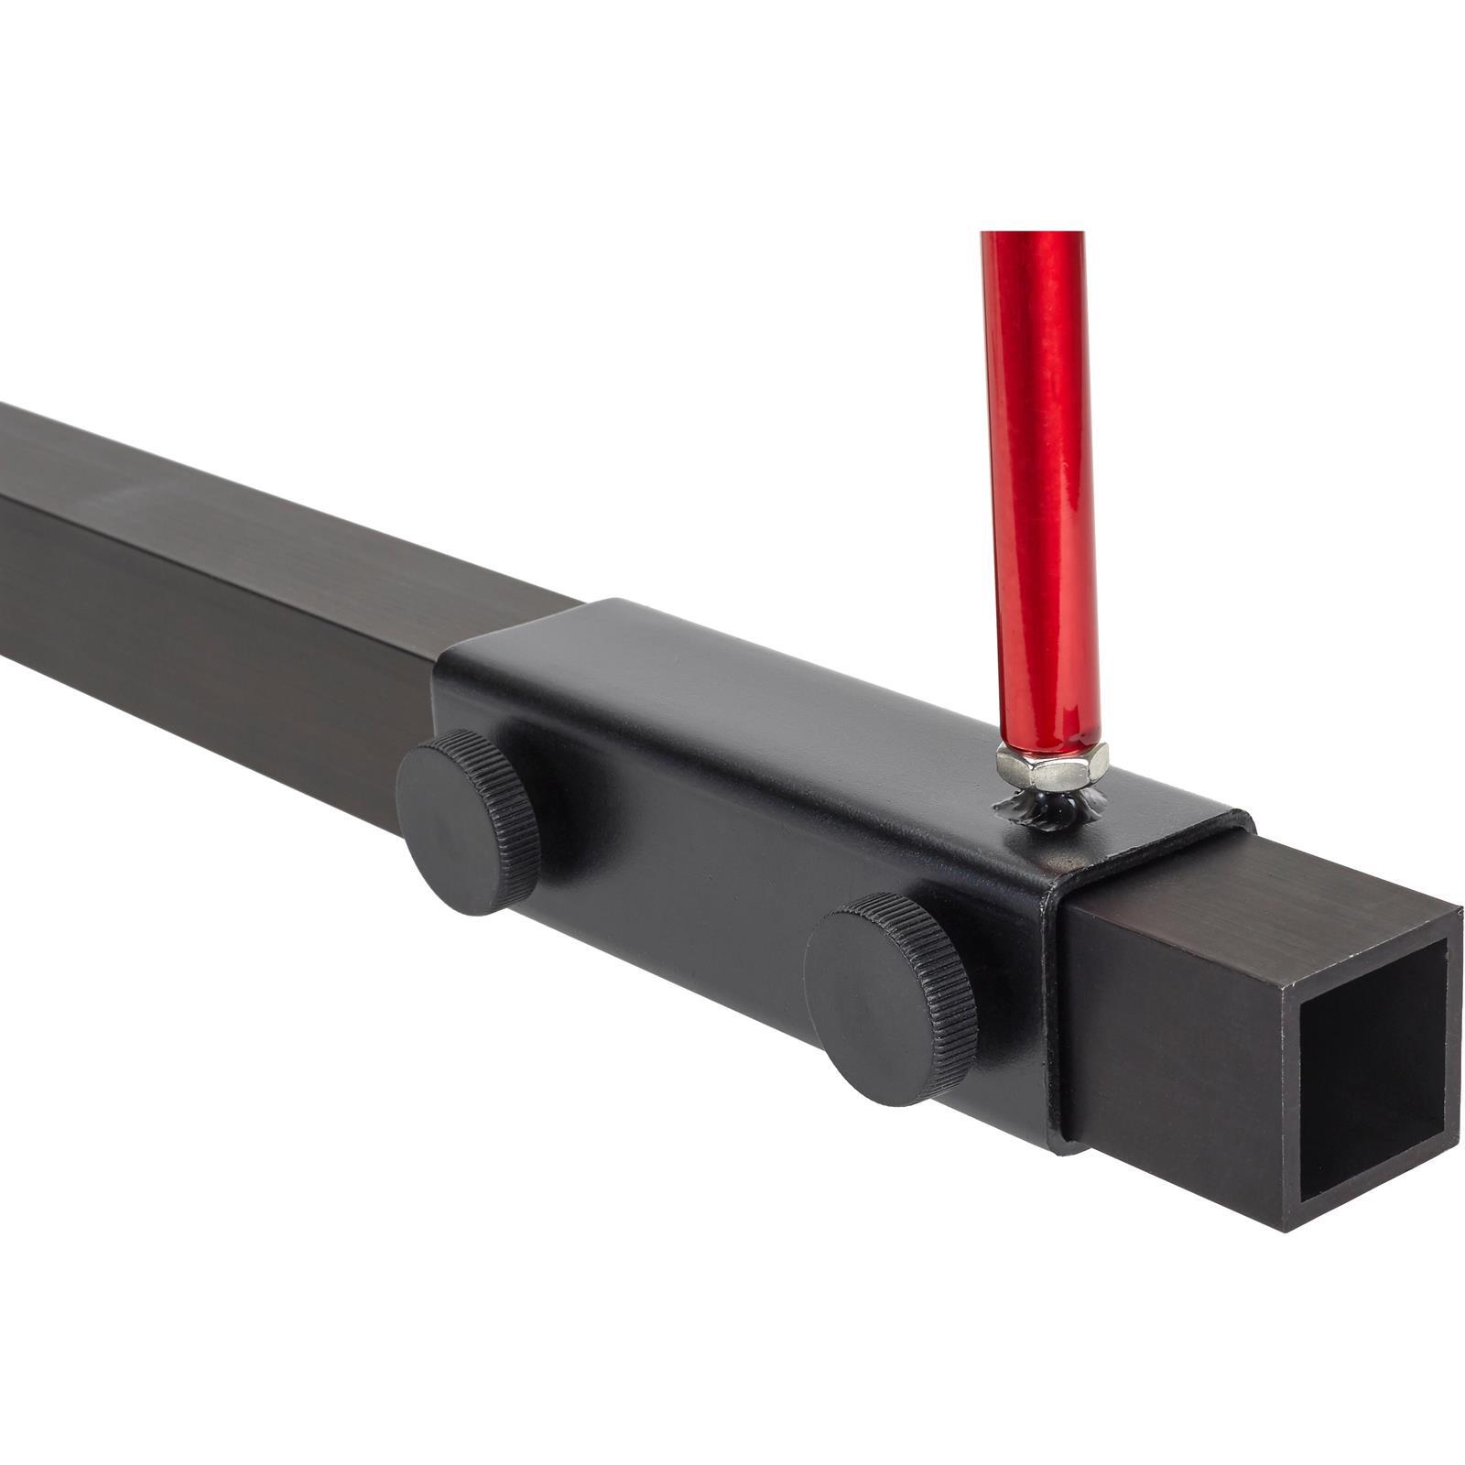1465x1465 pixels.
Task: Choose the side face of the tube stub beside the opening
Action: click(x=1181, y=1035)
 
